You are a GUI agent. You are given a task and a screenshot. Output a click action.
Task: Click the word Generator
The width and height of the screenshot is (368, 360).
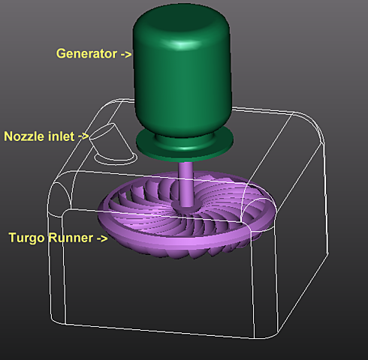coord(86,53)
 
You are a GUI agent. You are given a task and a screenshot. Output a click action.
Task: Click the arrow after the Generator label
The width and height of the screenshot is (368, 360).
coord(126,54)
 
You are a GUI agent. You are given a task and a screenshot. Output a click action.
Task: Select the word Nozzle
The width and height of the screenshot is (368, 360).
coord(24,136)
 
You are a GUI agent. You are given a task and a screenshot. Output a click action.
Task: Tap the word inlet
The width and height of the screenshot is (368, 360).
coord(61,136)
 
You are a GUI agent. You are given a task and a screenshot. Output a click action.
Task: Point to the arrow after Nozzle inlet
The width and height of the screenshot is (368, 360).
coord(83,136)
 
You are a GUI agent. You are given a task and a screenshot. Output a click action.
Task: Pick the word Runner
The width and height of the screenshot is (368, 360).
coord(71,238)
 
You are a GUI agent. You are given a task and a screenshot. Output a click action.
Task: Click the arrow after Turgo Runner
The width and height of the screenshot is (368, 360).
coord(102,238)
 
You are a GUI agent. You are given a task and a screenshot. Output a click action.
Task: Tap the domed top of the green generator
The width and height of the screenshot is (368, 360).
coord(181,25)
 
